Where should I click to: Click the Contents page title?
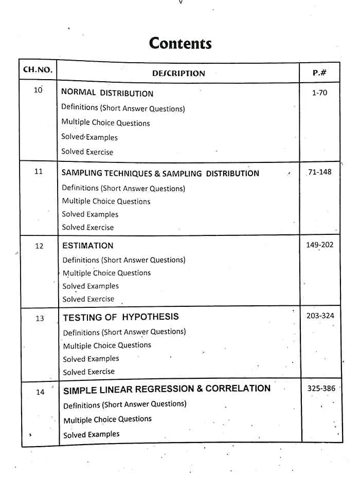tap(180, 43)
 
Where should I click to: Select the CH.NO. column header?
tap(38, 70)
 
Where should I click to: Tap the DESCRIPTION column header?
tap(178, 73)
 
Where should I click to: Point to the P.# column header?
tap(319, 72)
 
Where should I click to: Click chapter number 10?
tap(38, 90)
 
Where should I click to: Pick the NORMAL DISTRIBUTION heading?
tap(107, 93)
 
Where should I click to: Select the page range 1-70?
tap(319, 93)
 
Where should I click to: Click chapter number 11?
tap(39, 172)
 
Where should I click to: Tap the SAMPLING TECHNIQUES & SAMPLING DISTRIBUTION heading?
tap(160, 173)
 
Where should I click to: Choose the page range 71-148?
tap(319, 172)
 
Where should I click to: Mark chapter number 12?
tap(39, 246)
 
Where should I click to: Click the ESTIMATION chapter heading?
tap(87, 246)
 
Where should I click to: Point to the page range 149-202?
tap(319, 245)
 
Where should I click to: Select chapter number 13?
tap(40, 319)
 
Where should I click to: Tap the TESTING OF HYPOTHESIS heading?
tap(120, 317)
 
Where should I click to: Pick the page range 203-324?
tap(320, 316)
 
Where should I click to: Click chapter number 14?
tap(40, 392)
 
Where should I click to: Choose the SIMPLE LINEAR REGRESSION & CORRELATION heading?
tap(167, 389)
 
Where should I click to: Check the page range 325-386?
tap(321, 388)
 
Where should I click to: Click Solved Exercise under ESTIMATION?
tap(88, 299)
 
